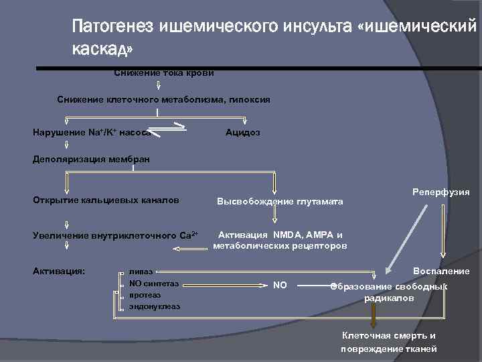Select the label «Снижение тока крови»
tap(163, 72)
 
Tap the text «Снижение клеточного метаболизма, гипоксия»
tap(163, 99)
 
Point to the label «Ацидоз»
tap(243, 133)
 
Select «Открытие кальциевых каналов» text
tap(106, 200)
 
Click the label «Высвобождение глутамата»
tap(279, 202)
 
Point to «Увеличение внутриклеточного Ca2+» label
tap(115, 235)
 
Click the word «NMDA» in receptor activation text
tap(289, 235)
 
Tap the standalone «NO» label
tap(280, 285)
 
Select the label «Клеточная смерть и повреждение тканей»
tap(389, 342)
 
